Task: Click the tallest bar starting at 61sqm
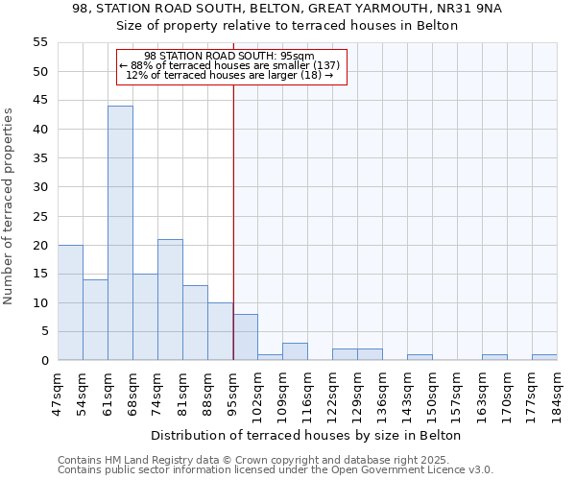tap(120, 233)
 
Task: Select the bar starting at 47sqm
tap(70, 302)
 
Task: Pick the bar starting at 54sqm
tap(95, 320)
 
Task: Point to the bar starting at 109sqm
tap(295, 351)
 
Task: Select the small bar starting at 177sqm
tap(544, 357)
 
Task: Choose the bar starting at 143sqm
tap(420, 357)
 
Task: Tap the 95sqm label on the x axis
tap(232, 392)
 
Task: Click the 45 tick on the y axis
tap(40, 101)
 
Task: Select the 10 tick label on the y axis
tap(40, 303)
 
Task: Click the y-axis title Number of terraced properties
tap(9, 206)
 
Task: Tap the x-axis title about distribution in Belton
tap(306, 435)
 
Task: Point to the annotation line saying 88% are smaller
tap(229, 65)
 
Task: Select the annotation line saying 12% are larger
tap(229, 75)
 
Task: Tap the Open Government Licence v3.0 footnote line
tap(276, 469)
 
